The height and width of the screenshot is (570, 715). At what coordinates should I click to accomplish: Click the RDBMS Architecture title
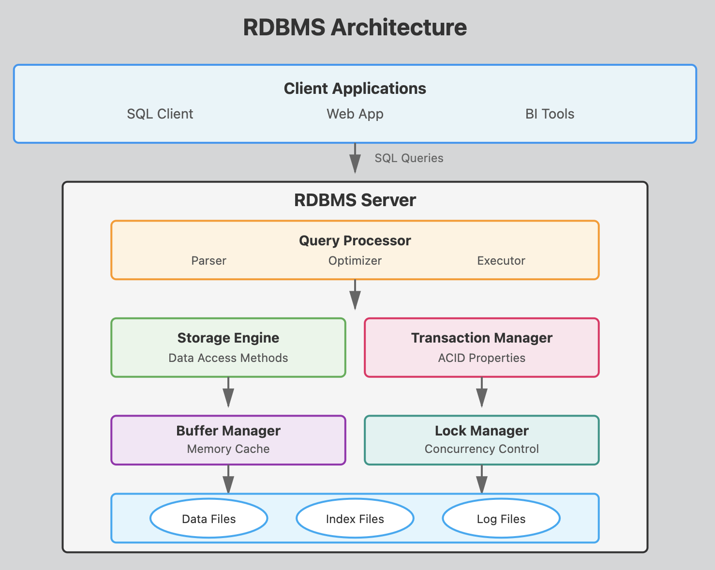coord(355,28)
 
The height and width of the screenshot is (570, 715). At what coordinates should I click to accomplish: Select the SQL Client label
coord(160,114)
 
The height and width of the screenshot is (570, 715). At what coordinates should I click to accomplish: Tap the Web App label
coord(355,114)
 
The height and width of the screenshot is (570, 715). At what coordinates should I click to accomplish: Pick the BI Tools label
coord(550,114)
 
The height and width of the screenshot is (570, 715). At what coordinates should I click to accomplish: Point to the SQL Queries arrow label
coord(409,158)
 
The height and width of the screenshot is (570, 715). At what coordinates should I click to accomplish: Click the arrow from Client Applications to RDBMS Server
coord(355,158)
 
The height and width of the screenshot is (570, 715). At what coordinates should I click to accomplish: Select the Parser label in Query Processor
coord(209,261)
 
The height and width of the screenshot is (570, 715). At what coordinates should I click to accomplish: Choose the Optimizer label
coord(355,261)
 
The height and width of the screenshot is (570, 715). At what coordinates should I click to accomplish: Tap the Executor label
coord(501,261)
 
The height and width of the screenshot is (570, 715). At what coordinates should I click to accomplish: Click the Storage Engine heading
coord(228,338)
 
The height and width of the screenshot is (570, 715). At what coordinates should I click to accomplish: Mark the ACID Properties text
coord(481,358)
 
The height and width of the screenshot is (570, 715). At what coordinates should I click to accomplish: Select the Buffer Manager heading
coord(228,431)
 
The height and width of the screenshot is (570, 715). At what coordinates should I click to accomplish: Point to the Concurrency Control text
coord(481,449)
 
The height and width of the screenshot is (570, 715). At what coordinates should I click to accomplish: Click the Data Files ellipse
coord(209,519)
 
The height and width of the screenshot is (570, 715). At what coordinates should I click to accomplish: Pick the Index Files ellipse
coord(355,519)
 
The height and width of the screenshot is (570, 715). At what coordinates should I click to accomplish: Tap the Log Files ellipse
coord(501,519)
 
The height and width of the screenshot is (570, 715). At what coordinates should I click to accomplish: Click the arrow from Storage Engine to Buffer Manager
coord(228,392)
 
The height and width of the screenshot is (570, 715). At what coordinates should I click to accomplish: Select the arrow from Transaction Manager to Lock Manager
coord(481,392)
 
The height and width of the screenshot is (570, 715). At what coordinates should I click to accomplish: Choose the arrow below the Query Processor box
coord(355,294)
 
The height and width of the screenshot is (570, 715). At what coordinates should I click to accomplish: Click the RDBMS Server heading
coord(355,200)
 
